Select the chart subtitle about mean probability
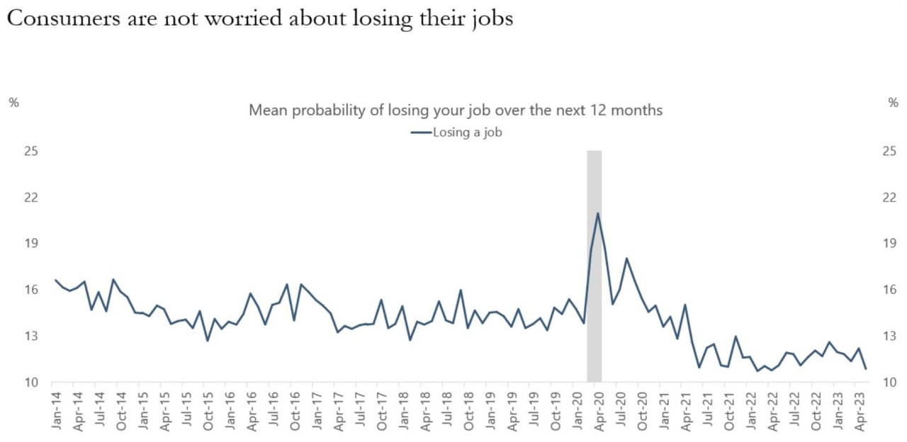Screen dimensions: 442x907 pyautogui.click(x=456, y=110)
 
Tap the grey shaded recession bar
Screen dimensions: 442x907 pyautogui.click(x=595, y=283)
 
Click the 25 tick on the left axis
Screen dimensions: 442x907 pyautogui.click(x=30, y=151)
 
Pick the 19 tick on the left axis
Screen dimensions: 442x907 pyautogui.click(x=30, y=243)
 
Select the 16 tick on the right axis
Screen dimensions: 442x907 pyautogui.click(x=889, y=289)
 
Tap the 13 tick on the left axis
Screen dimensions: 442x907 pyautogui.click(x=30, y=336)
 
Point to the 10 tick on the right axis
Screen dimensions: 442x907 pyautogui.click(x=889, y=382)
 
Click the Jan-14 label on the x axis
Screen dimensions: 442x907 pyautogui.click(x=57, y=409)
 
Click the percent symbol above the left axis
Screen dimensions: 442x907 pyautogui.click(x=13, y=102)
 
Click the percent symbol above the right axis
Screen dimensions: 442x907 pyautogui.click(x=893, y=102)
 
